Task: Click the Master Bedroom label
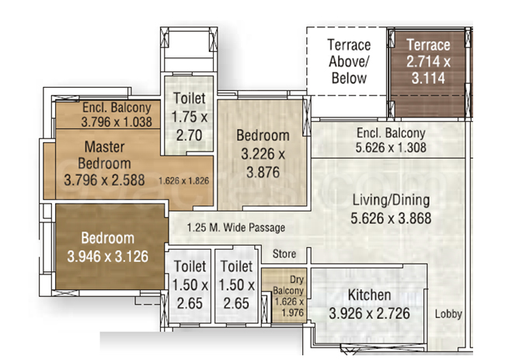click(106, 155)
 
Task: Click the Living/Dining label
click(390, 199)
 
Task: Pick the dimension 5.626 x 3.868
click(390, 218)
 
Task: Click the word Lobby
click(448, 314)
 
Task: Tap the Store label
click(284, 253)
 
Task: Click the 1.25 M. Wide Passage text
click(236, 228)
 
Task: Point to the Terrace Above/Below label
click(349, 61)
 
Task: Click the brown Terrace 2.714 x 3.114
click(428, 61)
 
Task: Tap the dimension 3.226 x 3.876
click(263, 154)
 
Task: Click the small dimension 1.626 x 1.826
click(184, 181)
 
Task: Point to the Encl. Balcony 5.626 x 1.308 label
click(390, 140)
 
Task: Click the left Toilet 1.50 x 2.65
click(190, 284)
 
